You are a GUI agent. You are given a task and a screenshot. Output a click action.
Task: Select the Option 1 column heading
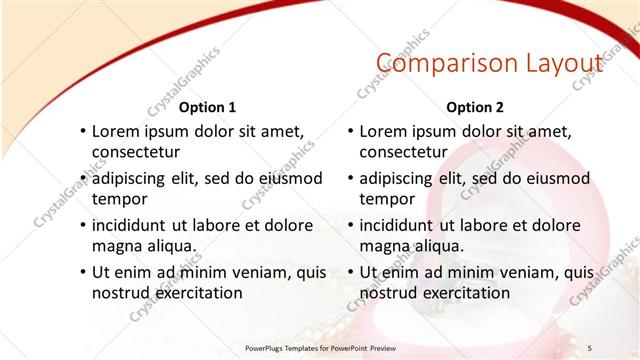(x=207, y=107)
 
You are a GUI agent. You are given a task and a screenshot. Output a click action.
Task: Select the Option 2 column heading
(x=475, y=107)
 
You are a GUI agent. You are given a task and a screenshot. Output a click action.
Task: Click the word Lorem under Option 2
(x=383, y=131)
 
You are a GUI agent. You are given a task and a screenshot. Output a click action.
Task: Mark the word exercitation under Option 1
(x=195, y=293)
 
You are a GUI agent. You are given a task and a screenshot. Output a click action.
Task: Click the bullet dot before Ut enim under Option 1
(x=82, y=272)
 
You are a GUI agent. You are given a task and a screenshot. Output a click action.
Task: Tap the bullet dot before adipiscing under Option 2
(x=350, y=178)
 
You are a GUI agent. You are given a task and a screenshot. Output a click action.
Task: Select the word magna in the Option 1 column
(x=116, y=246)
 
